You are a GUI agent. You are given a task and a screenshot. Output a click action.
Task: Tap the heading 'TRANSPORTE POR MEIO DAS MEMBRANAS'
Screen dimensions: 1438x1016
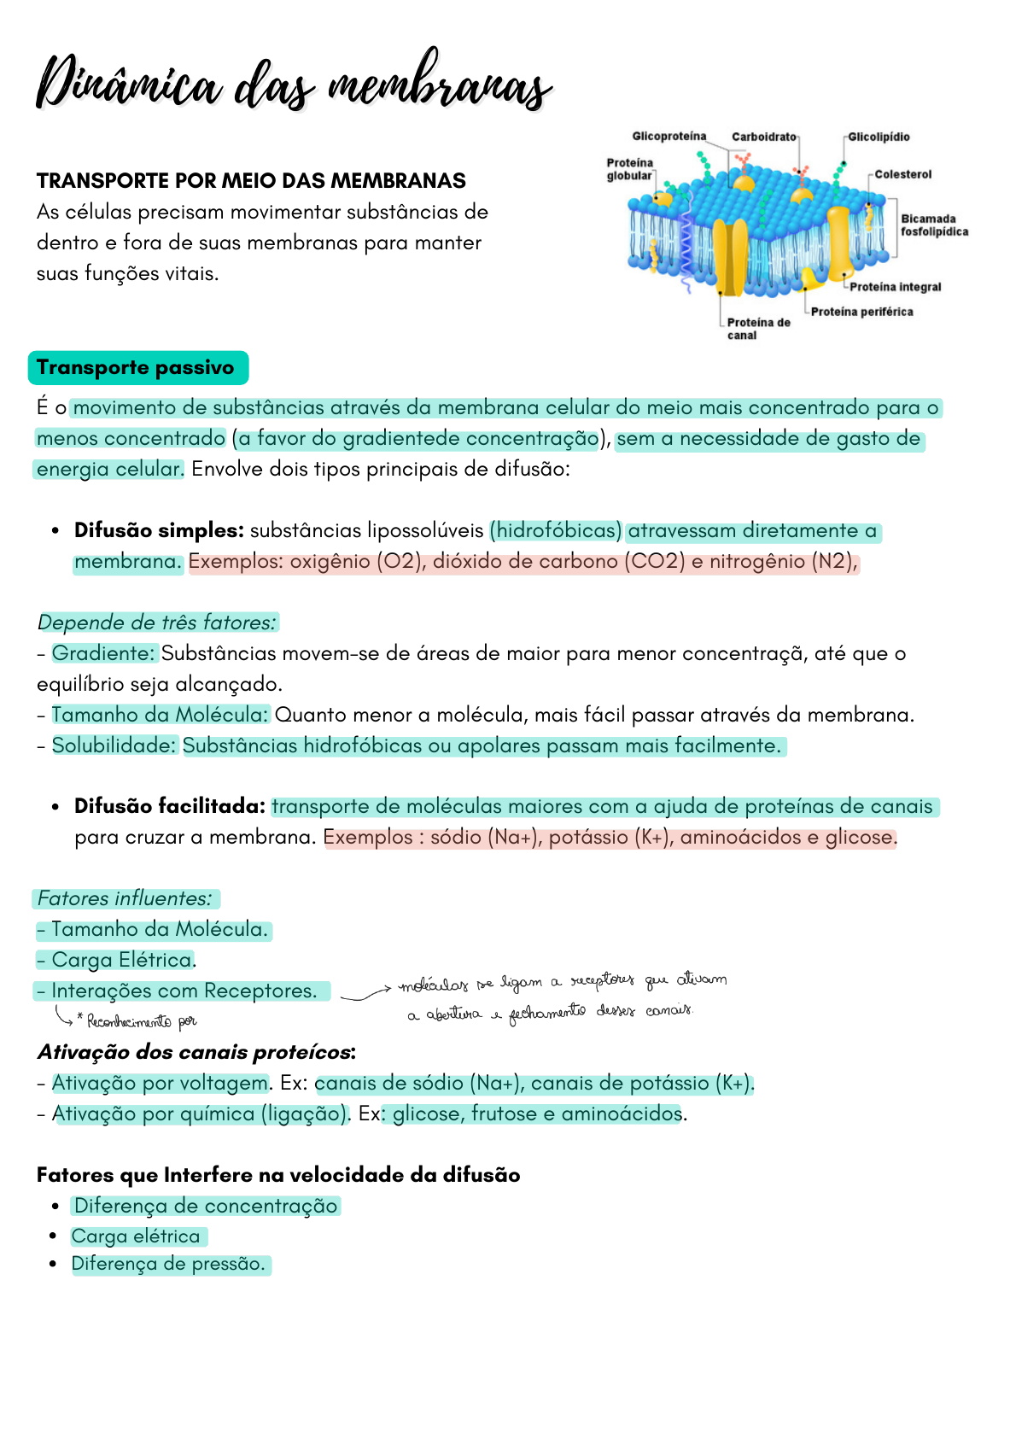[x=251, y=181]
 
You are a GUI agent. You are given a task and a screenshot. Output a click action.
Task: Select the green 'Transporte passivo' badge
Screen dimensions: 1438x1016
[x=137, y=368]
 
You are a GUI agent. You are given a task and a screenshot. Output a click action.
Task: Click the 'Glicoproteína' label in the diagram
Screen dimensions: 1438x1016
[x=669, y=137]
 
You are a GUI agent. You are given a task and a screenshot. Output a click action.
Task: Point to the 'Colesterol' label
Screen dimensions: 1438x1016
[x=902, y=174]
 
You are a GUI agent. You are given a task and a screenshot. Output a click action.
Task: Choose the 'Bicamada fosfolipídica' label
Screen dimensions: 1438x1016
[x=934, y=225]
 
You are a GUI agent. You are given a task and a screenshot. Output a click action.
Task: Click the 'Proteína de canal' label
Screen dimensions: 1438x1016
[x=757, y=329]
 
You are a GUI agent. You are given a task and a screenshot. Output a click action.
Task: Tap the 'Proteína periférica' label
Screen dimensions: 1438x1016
[x=861, y=312]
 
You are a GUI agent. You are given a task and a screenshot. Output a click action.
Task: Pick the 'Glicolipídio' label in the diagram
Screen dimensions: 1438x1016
[x=879, y=137]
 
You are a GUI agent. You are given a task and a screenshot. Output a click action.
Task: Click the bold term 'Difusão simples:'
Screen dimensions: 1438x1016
[x=159, y=530]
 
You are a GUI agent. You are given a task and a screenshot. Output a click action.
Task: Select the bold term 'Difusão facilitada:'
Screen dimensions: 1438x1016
[x=170, y=806]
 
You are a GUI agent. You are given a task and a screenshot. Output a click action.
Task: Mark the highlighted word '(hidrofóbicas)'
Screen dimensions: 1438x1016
[x=556, y=530]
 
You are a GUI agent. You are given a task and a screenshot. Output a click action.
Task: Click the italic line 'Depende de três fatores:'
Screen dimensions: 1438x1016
[x=157, y=623]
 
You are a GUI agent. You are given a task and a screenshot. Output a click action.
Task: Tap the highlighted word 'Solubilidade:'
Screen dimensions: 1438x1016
[x=114, y=745]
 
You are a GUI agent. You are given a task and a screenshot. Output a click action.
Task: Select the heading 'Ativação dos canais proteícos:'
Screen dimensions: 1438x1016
[x=196, y=1052]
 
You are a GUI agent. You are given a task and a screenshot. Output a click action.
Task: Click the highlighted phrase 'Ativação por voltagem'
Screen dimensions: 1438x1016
[x=160, y=1083]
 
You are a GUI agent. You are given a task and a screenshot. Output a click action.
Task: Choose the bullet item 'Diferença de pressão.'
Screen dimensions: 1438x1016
[x=169, y=1264]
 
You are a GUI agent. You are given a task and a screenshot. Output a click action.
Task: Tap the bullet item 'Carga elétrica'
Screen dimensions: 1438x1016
[x=137, y=1236]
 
